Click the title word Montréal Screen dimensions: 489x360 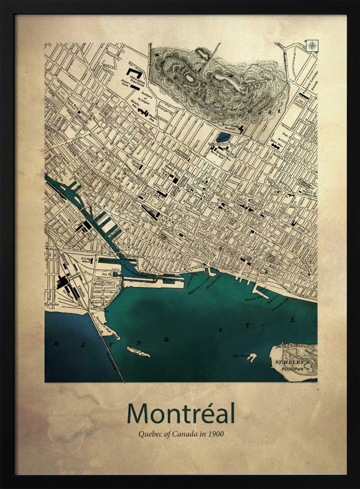click(x=180, y=414)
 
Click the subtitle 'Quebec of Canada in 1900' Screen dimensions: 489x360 click(x=181, y=433)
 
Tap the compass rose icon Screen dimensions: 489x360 click(x=312, y=45)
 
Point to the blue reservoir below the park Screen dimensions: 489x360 click(x=224, y=137)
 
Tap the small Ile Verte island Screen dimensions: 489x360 click(x=251, y=357)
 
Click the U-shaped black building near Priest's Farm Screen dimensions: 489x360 click(x=133, y=73)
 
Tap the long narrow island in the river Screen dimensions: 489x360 click(x=138, y=352)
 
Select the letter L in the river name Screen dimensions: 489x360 click(x=292, y=320)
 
